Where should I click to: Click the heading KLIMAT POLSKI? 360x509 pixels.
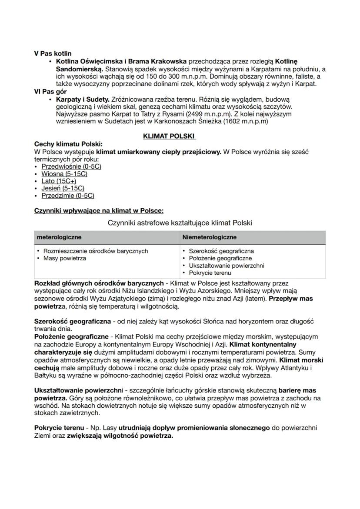click(x=169, y=136)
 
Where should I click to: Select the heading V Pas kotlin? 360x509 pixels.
click(x=53, y=53)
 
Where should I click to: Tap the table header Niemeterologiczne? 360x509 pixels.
click(x=210, y=237)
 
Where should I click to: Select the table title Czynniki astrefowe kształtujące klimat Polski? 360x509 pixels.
click(x=179, y=223)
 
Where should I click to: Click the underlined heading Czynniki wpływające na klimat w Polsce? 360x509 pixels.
click(x=99, y=211)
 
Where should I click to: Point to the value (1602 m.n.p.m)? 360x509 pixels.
click(x=245, y=122)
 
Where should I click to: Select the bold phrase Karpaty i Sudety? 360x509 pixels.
click(x=83, y=100)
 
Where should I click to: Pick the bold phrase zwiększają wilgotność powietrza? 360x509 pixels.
click(x=120, y=435)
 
